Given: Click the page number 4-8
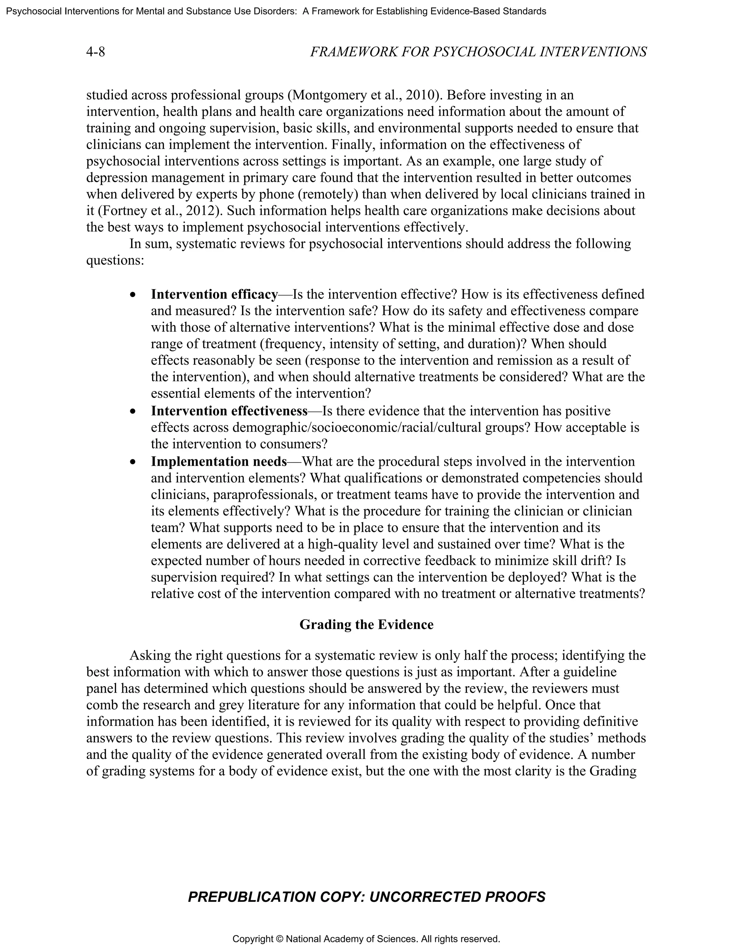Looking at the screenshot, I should coord(96,52).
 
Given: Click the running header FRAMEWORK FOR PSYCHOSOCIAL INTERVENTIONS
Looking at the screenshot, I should coord(478,52).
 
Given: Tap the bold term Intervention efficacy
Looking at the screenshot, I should coord(214,294).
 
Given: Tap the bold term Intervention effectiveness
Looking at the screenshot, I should coord(229,411).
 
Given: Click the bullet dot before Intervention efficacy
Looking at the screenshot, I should coord(133,295).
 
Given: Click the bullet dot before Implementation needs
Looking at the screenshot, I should coord(133,462).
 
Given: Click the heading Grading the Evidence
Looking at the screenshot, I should coord(366,625).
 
